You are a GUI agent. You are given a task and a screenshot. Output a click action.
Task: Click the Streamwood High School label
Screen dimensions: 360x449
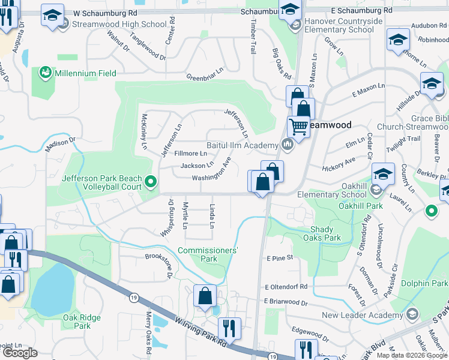119,25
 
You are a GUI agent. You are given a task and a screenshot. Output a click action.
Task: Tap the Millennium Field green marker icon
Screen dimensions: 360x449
44,73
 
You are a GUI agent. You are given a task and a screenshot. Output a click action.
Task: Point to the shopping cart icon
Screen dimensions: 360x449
298,127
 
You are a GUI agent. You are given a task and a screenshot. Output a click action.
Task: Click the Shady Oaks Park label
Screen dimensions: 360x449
325,233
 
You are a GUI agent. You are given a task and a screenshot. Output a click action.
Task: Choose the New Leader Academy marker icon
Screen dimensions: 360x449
412,315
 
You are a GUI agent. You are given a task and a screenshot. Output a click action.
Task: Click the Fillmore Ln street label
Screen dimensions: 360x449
190,154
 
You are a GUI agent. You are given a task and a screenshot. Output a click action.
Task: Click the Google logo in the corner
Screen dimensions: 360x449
20,353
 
